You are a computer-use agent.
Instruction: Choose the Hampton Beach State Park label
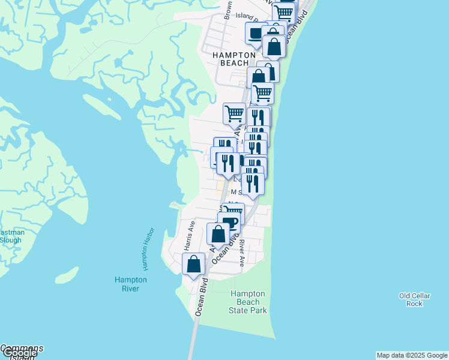(x=248, y=302)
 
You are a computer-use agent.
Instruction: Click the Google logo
(x=19, y=353)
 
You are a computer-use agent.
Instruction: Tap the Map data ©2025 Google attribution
(x=412, y=355)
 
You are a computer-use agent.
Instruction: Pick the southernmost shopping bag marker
(x=193, y=264)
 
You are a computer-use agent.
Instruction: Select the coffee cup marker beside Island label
(x=256, y=34)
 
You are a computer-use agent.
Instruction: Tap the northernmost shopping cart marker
(x=283, y=11)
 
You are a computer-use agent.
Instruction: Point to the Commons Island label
(x=21, y=348)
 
